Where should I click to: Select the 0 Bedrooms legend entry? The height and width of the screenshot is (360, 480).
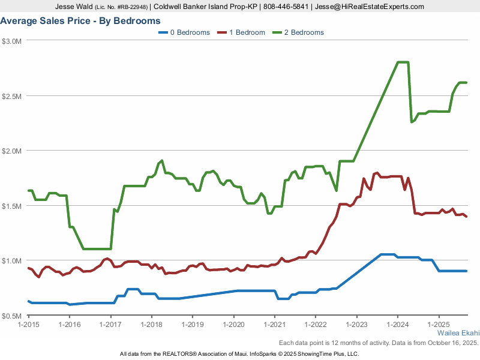[x=184, y=32]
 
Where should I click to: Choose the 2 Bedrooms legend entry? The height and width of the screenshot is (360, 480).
[x=298, y=32]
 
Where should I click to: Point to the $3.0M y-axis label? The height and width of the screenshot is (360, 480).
[x=12, y=41]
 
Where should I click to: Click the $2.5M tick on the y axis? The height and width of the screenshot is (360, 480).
[x=12, y=96]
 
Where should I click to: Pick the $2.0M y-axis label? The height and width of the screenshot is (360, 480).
[x=12, y=151]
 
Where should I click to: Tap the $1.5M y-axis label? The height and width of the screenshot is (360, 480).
[x=12, y=206]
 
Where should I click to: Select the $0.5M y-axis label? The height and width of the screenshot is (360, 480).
[x=12, y=316]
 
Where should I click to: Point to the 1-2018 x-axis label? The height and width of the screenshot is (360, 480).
[x=152, y=325]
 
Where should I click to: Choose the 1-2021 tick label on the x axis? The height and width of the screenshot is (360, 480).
[x=275, y=325]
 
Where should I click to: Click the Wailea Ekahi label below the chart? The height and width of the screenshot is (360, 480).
[x=458, y=332]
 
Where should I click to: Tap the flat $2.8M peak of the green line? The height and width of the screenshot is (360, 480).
[x=403, y=62]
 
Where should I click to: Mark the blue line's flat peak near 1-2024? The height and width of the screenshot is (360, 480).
[x=388, y=254]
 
